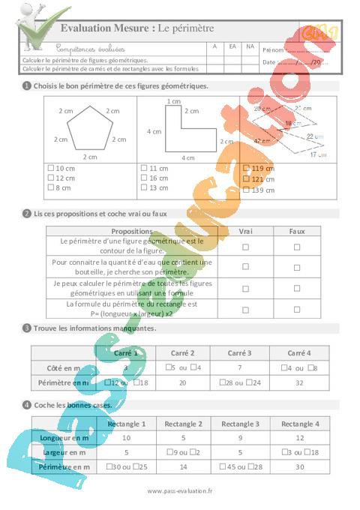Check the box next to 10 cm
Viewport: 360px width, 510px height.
point(49,168)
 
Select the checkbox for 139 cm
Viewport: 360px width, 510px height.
point(246,190)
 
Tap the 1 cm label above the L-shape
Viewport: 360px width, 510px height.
point(174,100)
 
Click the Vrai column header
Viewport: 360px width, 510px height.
point(245,231)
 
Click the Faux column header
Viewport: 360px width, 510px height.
point(296,231)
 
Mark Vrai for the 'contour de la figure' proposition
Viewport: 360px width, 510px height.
point(245,246)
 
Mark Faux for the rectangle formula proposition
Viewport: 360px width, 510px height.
point(296,308)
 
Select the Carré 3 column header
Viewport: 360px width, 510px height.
point(238,352)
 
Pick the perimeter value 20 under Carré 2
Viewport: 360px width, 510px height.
point(181,382)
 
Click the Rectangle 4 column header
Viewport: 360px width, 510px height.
point(297,424)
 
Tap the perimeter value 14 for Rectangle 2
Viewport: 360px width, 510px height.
point(181,466)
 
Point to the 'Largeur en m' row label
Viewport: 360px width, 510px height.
point(64,452)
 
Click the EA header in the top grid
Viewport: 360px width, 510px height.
point(232,46)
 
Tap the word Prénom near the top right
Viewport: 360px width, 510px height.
point(273,49)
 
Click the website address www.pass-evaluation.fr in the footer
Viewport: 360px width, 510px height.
point(180,491)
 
